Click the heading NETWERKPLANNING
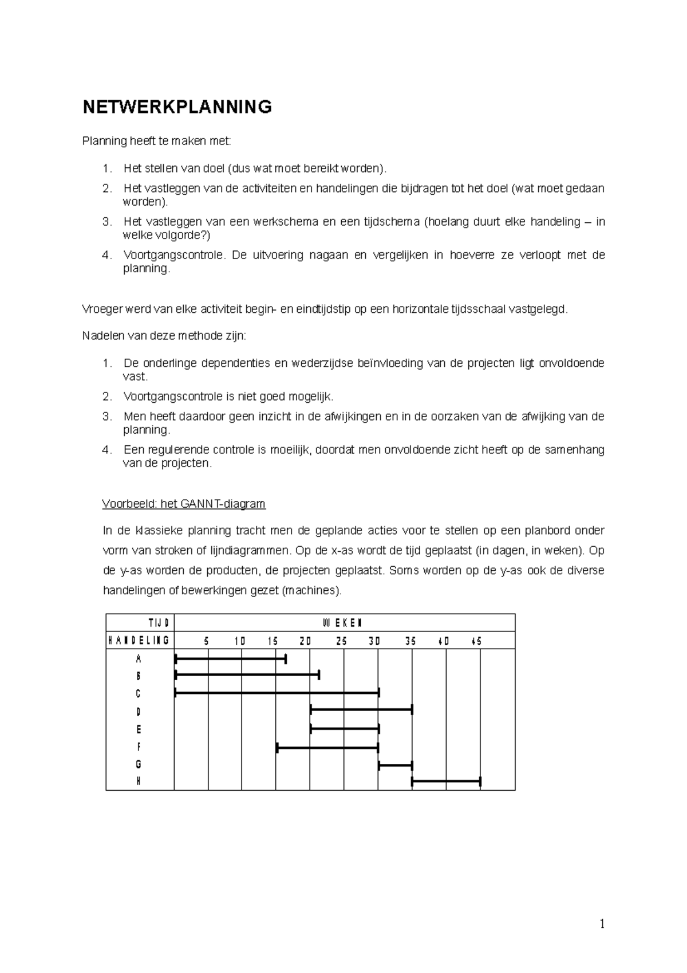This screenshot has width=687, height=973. pos(177,107)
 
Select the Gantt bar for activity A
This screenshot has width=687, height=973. pos(230,659)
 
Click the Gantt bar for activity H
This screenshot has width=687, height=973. pos(446,781)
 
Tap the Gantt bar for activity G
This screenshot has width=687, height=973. pos(395,764)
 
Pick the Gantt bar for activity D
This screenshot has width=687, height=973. pos(361,711)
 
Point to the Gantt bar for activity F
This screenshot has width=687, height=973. pos(327,747)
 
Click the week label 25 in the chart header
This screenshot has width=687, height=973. pos(341,641)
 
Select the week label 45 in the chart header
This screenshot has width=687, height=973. pos(476,641)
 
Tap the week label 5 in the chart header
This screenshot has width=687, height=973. pos(207,641)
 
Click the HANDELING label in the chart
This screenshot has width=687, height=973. pos(139,641)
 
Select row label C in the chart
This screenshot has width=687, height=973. pos(138,694)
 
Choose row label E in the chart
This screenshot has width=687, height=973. pos(138,729)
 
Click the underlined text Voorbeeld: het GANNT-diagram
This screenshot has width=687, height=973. pos(183,504)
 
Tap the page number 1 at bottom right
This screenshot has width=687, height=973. pos(602,924)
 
